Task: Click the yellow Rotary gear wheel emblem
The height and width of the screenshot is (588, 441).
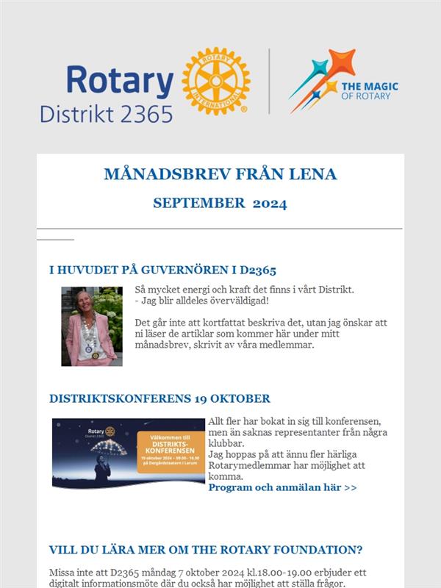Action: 216,81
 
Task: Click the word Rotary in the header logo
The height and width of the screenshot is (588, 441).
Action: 120,80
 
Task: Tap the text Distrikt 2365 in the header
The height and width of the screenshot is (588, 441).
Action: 107,113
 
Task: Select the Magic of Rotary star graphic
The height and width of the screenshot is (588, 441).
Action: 315,79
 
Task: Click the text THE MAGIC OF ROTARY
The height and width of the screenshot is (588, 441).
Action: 370,90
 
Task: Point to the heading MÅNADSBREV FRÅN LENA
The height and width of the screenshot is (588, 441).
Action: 220,174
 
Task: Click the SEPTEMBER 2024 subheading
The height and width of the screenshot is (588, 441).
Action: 220,203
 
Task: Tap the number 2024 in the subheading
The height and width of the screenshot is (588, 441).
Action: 270,203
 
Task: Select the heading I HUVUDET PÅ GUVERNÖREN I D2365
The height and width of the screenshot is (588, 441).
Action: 162,270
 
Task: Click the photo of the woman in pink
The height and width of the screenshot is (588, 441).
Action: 92,326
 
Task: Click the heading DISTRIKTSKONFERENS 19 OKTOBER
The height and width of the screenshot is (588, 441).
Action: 159,398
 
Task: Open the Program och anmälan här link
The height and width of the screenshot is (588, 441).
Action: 282,487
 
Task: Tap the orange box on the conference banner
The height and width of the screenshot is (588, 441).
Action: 170,453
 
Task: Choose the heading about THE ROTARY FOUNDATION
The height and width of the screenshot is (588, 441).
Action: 205,550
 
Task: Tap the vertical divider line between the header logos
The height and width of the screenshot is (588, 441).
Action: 269,81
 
